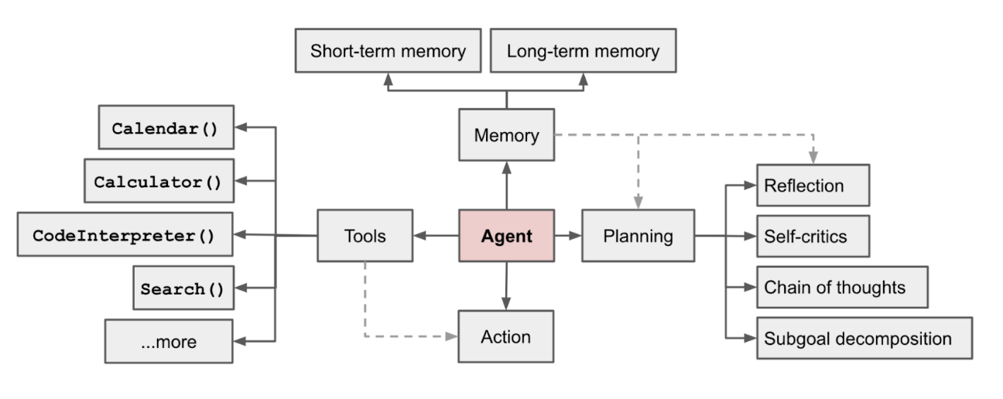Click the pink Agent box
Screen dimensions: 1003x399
click(506, 236)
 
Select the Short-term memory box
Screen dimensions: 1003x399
click(389, 50)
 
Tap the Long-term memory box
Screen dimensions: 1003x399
click(583, 50)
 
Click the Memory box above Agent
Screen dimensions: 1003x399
click(506, 135)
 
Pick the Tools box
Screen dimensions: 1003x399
click(365, 236)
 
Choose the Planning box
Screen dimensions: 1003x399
click(638, 236)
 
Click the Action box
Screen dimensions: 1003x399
click(505, 336)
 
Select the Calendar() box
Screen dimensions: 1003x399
click(166, 128)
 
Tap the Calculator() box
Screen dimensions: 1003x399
click(159, 181)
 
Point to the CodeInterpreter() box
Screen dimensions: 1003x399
click(125, 234)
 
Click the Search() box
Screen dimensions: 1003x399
click(183, 288)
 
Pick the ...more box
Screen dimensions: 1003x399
click(169, 341)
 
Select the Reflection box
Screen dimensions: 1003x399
click(813, 185)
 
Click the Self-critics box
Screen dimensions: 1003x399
click(813, 236)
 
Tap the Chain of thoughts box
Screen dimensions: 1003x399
click(842, 287)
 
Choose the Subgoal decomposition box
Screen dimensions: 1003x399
click(864, 338)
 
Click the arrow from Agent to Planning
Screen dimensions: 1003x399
click(568, 235)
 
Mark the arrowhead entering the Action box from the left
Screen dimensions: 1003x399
click(452, 336)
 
